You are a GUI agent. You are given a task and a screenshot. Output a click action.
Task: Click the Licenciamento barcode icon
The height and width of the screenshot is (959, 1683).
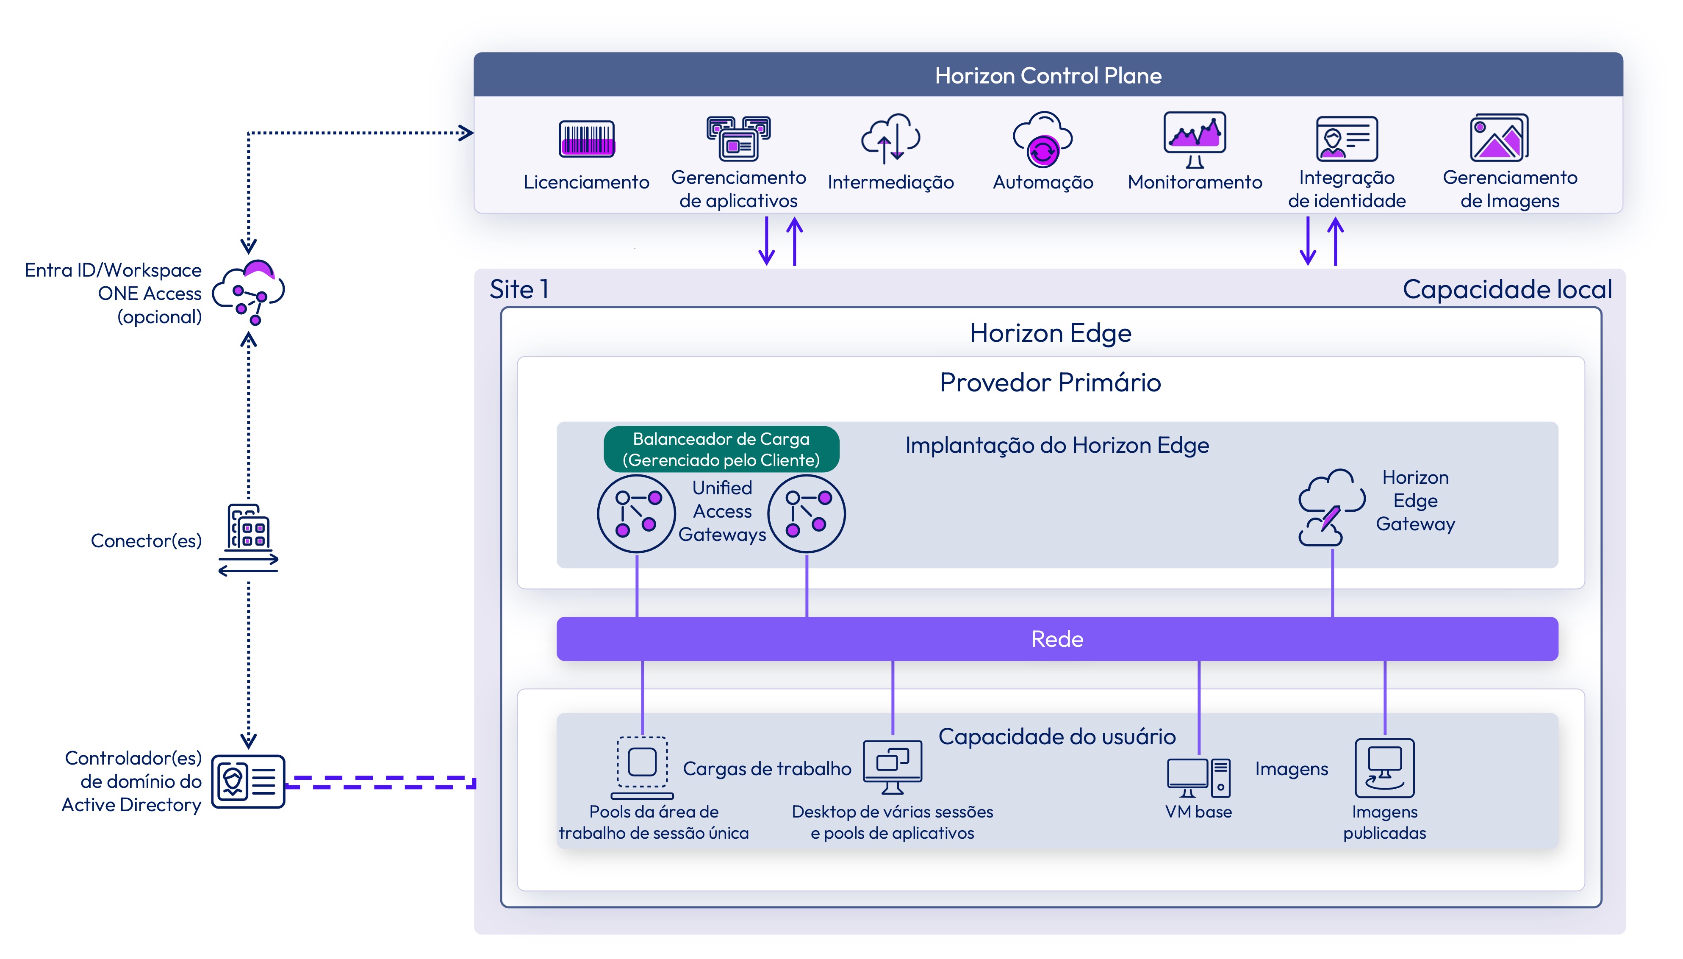click(586, 139)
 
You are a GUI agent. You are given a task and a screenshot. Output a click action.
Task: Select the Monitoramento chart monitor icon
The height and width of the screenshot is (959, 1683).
click(1194, 139)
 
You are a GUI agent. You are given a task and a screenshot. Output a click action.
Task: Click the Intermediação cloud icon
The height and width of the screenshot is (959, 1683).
click(890, 139)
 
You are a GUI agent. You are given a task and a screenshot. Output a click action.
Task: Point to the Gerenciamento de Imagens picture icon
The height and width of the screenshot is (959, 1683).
click(1499, 138)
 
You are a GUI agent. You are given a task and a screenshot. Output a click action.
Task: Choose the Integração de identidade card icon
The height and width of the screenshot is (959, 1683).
click(1346, 139)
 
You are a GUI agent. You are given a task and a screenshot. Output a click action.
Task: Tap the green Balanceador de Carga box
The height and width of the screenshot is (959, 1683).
click(721, 449)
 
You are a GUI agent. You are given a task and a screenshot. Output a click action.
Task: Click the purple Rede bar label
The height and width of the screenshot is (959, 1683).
click(1056, 639)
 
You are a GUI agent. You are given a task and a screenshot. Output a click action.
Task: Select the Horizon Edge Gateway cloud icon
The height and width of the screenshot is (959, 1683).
click(1331, 507)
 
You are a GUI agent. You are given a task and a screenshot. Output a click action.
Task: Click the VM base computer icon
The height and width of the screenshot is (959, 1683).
click(1198, 777)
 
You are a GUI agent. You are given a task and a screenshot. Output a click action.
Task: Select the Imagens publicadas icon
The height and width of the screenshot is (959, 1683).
click(1385, 768)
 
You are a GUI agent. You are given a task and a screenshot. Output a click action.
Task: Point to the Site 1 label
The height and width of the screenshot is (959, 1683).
click(519, 289)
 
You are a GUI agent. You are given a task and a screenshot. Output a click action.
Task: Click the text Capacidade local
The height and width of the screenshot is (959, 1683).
click(1507, 289)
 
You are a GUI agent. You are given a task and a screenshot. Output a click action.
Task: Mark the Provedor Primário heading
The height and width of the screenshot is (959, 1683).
click(1050, 382)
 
